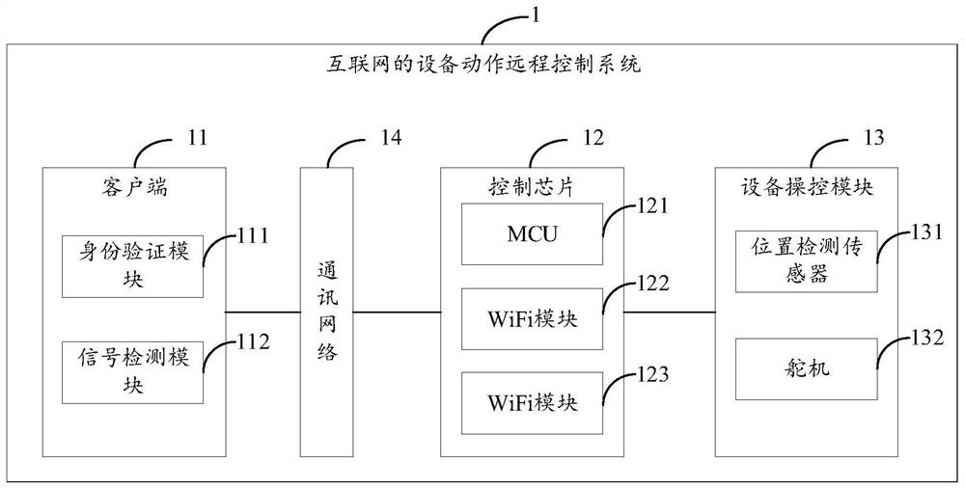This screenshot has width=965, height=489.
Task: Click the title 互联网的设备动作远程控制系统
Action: click(480, 67)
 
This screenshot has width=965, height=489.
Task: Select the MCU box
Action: click(533, 234)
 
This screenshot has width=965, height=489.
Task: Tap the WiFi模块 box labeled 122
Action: click(533, 318)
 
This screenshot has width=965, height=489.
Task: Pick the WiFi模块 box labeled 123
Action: click(533, 401)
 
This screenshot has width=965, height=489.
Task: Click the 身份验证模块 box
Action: click(132, 265)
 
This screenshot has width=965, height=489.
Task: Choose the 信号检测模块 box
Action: click(132, 371)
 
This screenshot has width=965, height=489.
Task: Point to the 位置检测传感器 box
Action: click(806, 260)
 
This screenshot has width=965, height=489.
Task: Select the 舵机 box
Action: click(806, 368)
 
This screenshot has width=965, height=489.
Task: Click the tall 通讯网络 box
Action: click(326, 310)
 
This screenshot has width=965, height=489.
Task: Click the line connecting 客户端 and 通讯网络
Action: click(262, 312)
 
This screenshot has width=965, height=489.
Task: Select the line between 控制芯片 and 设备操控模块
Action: click(670, 312)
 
